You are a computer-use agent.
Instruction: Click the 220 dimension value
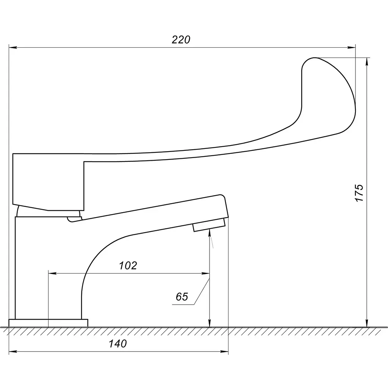point(181,39)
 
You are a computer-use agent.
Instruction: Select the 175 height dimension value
point(359,193)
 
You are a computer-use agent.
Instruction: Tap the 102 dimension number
point(128,266)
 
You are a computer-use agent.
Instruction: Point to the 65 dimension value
point(182,296)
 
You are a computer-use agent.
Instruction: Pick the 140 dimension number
point(118,343)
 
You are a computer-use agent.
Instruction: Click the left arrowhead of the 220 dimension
point(13,47)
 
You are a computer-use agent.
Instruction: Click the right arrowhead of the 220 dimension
point(351,47)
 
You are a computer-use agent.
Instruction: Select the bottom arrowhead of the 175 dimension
point(367,323)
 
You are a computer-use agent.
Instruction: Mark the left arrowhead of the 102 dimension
point(52,274)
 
